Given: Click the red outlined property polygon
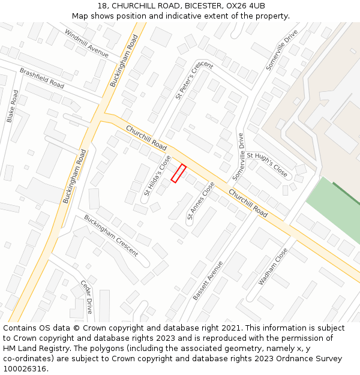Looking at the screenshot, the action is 178,173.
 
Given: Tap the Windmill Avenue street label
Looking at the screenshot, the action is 86,44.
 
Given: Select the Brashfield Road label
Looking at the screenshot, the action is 41,78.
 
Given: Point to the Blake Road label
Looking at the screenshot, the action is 13,106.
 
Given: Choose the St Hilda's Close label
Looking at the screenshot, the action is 157,176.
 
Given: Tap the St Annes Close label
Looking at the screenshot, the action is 200,201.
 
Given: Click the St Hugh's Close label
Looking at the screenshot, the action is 267,163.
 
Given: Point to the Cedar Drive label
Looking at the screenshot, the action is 87,296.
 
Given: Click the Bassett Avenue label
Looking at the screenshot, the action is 208,280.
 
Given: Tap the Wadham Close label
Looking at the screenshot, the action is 273,266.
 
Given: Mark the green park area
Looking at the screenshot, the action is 336,210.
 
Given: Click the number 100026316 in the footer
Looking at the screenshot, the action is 26,368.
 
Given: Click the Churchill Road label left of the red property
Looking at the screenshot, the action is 146,138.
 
